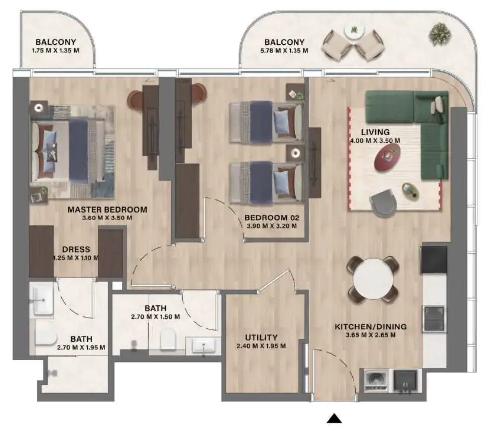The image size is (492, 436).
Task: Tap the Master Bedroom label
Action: (x=107, y=210)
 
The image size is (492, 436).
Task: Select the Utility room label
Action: (x=261, y=337)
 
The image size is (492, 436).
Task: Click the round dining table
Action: (x=373, y=279)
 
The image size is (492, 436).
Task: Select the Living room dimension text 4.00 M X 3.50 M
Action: (x=375, y=141)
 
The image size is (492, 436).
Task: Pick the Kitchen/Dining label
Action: (x=371, y=327)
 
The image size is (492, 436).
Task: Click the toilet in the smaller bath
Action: (x=168, y=339)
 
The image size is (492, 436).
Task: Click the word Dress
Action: (x=76, y=249)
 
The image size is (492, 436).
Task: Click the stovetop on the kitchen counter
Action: (x=433, y=319)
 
